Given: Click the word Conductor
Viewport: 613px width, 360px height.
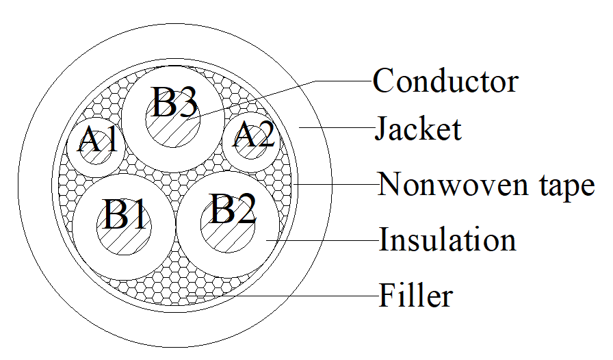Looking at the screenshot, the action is coord(445,81).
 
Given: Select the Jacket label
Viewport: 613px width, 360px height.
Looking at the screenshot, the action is coord(418,129).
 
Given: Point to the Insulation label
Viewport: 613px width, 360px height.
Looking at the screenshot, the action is coord(447,239).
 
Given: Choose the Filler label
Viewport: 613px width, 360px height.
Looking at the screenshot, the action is coord(416,296).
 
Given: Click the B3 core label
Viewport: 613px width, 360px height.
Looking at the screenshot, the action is coord(174,102).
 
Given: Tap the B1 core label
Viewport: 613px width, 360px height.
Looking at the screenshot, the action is coord(125,214).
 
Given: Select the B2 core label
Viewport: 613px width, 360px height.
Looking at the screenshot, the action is coord(233,209).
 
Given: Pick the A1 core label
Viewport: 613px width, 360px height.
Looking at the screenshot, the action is coord(97,140).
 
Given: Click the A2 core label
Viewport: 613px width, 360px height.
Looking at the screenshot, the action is coord(254,134).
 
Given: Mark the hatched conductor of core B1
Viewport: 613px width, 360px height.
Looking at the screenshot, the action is coord(124,228).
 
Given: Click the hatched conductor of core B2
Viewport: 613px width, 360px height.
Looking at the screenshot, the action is coord(228,225).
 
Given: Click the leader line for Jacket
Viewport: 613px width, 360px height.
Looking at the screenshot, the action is coord(337,127).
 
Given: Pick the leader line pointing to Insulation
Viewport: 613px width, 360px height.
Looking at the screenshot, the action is coord(322,240).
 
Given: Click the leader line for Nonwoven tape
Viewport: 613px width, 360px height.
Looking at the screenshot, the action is coord(335,184).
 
